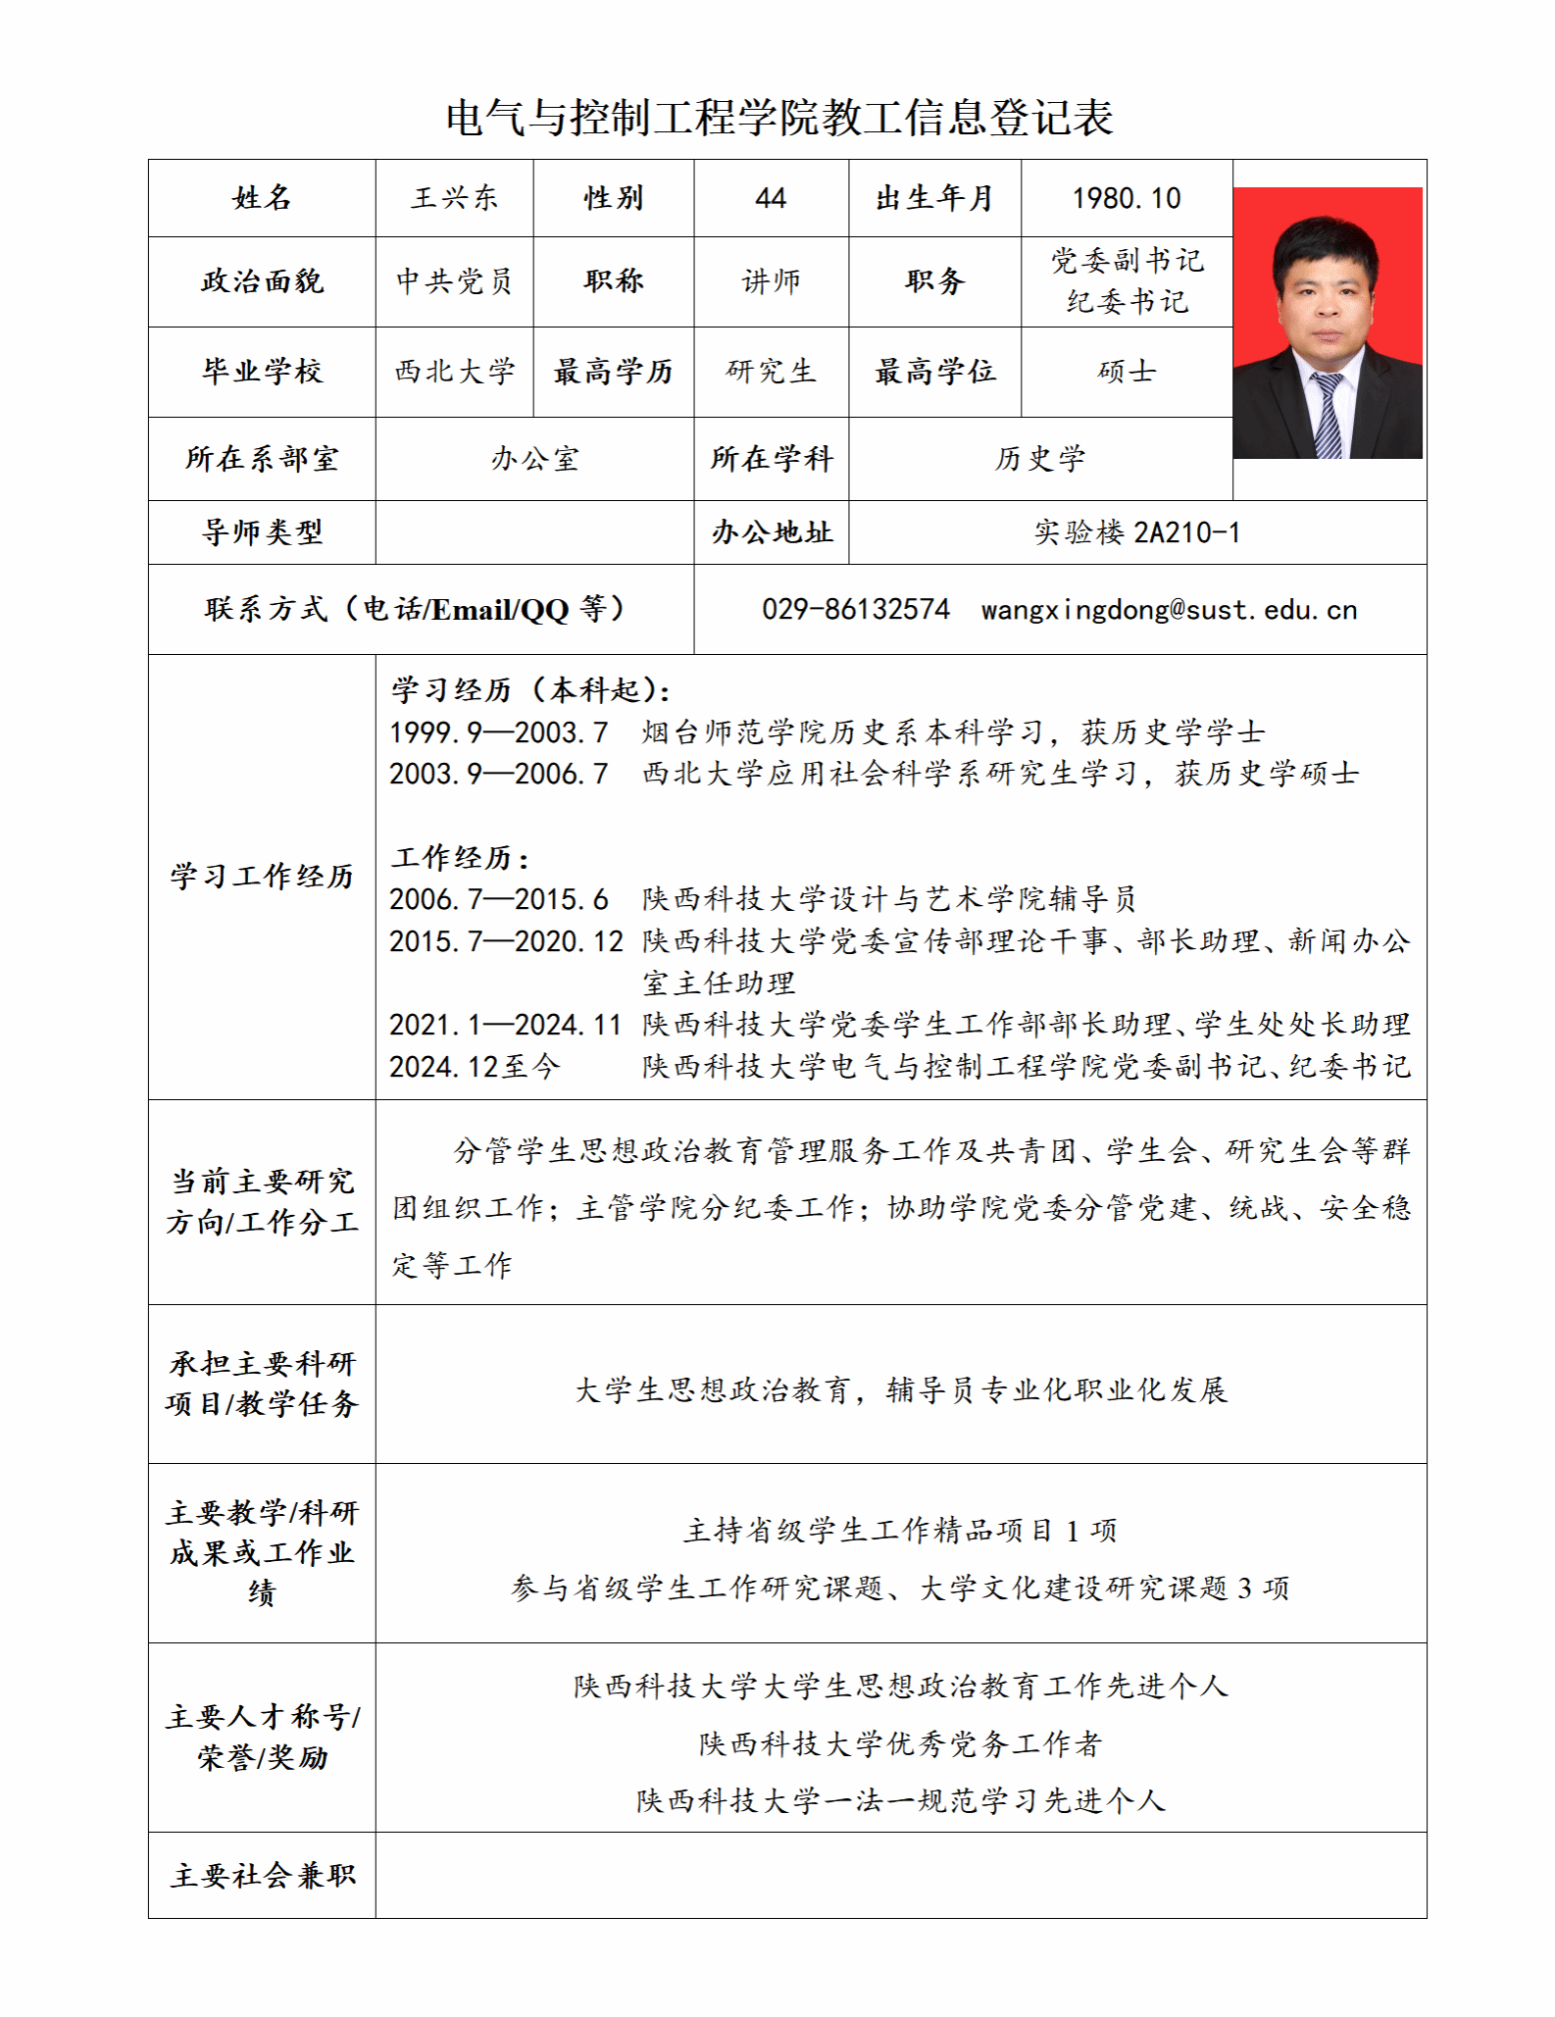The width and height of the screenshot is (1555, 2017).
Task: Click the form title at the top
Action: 779,118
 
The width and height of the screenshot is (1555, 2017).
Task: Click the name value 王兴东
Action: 454,198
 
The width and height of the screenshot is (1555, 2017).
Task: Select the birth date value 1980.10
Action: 1126,198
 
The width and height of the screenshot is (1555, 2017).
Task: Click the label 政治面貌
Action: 262,281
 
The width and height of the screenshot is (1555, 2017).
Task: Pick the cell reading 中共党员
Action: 454,281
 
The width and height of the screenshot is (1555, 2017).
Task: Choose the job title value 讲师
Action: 771,281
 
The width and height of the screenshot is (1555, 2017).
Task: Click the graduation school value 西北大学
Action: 454,372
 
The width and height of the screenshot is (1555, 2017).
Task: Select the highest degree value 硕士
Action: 1126,372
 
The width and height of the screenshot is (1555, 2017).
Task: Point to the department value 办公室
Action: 534,459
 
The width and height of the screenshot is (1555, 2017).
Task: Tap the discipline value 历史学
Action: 1039,459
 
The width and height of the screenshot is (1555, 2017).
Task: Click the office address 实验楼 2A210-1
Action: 1137,532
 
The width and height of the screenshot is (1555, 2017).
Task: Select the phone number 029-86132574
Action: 856,610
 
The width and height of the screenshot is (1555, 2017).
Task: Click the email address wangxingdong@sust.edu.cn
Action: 1169,610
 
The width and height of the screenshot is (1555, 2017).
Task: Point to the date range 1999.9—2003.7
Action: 498,732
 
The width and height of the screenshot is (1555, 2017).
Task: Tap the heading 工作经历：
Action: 461,858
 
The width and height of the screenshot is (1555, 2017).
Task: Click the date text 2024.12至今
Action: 475,1067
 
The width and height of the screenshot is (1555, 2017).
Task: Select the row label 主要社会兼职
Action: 262,1876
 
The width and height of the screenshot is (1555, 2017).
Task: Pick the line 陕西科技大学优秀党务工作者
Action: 900,1743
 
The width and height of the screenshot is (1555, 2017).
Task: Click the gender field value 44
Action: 771,198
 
